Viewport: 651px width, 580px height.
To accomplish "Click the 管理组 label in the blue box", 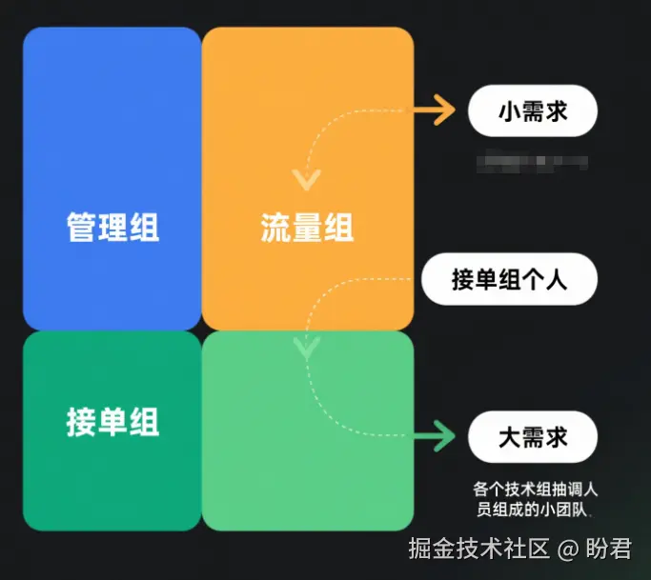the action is click(112, 228).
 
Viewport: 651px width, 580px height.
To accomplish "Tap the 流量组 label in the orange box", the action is click(307, 228).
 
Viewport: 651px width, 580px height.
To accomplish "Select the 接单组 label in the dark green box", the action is click(112, 421).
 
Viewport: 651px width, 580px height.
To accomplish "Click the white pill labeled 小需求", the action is click(533, 112).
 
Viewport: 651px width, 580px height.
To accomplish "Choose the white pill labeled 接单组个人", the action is click(510, 280).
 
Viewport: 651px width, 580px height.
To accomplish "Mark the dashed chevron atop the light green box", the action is click(306, 348).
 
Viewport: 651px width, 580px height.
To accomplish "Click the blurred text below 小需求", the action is click(532, 161).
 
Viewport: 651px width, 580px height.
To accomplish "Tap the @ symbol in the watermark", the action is click(568, 550).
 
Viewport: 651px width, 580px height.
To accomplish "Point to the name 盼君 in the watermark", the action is click(608, 550).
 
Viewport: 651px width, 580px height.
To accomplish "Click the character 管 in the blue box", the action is click(82, 228).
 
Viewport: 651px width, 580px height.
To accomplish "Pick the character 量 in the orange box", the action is click(307, 228).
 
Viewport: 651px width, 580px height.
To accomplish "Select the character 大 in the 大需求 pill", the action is click(510, 437).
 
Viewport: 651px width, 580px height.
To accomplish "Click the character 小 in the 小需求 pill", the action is click(510, 112).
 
